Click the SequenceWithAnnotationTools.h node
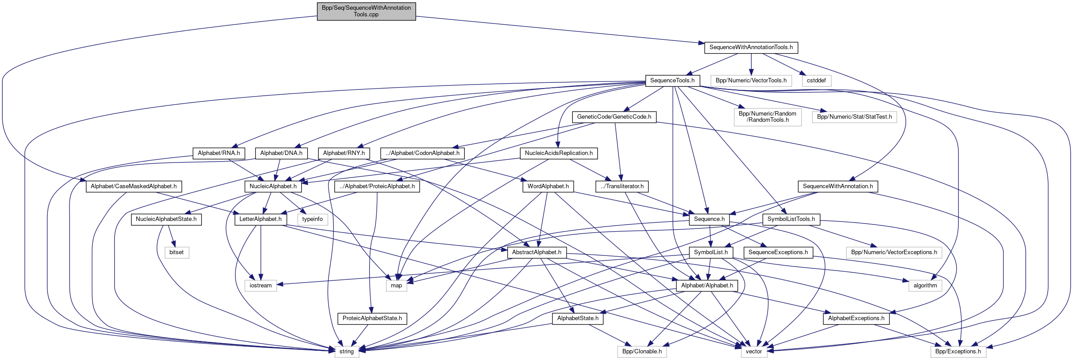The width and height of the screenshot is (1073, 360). [x=751, y=47]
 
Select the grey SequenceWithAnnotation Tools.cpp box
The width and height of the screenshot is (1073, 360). [x=366, y=11]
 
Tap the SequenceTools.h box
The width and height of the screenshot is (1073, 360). [x=672, y=81]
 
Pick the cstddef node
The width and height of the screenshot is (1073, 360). [x=816, y=81]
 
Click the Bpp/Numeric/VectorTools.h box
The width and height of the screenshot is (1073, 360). [x=751, y=81]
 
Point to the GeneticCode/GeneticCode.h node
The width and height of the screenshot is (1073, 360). [x=614, y=117]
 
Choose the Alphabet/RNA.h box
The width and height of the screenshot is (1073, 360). [x=219, y=153]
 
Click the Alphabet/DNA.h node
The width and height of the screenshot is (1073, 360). [x=281, y=153]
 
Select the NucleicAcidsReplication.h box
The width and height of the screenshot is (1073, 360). [x=559, y=153]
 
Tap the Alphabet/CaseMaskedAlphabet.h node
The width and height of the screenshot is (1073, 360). [x=133, y=186]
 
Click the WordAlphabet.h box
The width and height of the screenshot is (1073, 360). [x=548, y=186]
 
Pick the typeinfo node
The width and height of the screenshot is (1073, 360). [x=313, y=219]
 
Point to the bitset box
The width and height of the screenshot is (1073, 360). [x=176, y=252]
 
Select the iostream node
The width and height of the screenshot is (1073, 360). [x=260, y=286]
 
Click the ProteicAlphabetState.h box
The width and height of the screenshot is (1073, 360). [x=372, y=318]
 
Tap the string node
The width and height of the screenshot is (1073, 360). [x=346, y=352]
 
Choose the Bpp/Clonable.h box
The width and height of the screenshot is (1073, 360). [x=642, y=352]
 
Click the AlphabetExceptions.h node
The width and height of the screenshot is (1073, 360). [x=856, y=318]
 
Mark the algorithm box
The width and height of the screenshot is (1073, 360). [x=925, y=286]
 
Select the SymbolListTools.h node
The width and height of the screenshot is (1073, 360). [x=791, y=219]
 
